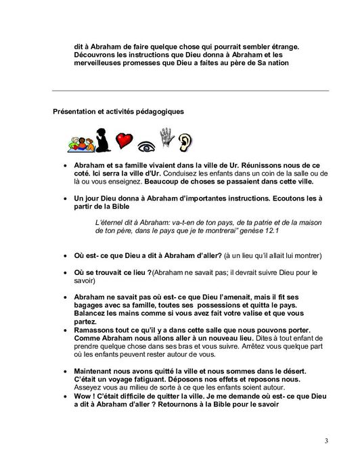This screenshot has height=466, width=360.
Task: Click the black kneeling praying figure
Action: click(x=104, y=139)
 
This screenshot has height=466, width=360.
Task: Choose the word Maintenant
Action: click(x=97, y=368)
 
